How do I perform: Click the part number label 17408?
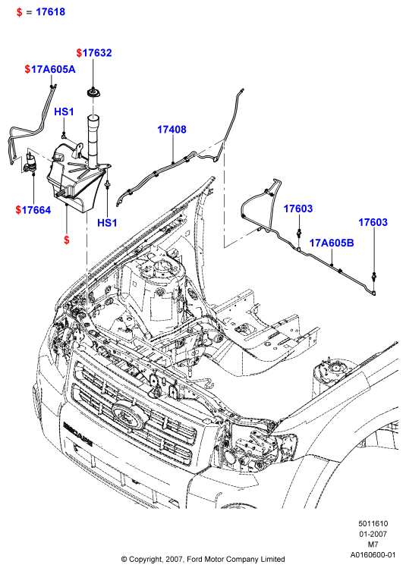[x=172, y=129]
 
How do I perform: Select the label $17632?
[x=94, y=53]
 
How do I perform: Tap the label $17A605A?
[x=50, y=69]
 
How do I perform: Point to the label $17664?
[x=33, y=210]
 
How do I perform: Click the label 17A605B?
[x=332, y=243]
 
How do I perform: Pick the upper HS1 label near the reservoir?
[x=65, y=111]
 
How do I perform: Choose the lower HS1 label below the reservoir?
[x=107, y=223]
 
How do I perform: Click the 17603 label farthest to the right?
[x=373, y=222]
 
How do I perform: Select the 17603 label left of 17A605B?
[x=298, y=209]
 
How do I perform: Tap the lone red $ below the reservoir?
[x=66, y=240]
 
